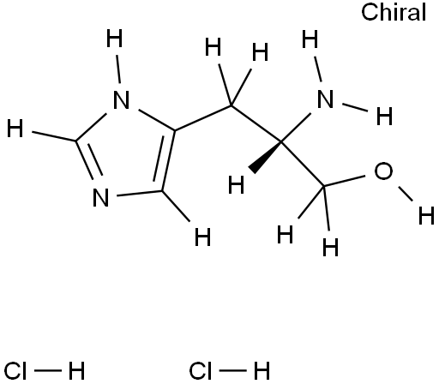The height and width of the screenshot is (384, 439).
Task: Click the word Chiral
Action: tap(394, 12)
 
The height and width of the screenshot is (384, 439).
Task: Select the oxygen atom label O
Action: tap(383, 171)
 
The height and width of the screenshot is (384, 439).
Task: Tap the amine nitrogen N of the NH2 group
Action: tap(325, 99)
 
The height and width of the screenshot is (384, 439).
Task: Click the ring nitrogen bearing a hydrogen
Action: tap(122, 100)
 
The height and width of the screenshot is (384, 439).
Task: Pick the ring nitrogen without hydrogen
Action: tap(101, 197)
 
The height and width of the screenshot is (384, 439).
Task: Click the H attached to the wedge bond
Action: tap(237, 185)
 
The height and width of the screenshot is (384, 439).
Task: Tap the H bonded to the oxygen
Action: tap(426, 215)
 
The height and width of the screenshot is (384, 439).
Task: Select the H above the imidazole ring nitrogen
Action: tap(115, 38)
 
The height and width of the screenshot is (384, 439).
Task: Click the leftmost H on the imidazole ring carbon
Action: tap(15, 128)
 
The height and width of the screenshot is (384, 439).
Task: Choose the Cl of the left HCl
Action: tap(15, 371)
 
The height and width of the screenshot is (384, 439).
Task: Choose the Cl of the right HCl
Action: tap(201, 371)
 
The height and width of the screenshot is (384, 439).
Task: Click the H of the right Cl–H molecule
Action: tap(262, 371)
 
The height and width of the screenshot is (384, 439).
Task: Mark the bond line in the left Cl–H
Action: tap(48, 371)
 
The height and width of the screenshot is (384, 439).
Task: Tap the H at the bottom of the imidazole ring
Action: tap(202, 237)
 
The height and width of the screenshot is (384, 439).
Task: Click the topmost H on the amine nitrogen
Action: tap(310, 39)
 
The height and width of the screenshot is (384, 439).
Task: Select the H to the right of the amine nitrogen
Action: tap(384, 117)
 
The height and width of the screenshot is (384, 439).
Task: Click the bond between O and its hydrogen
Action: tap(406, 194)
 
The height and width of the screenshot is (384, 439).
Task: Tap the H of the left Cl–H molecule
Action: tap(76, 371)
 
